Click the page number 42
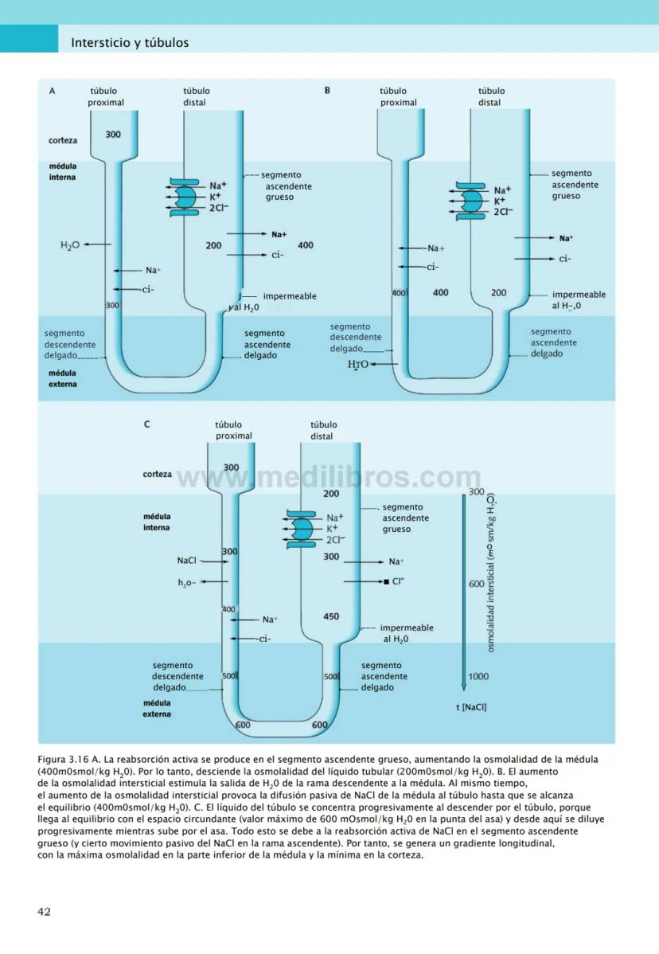[x=45, y=911]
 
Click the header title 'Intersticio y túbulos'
[x=130, y=42]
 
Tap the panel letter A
[x=53, y=91]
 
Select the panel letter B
[x=327, y=91]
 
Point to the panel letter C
[x=146, y=424]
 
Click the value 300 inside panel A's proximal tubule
[x=113, y=135]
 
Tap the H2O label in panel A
[x=69, y=245]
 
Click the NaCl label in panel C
[x=186, y=561]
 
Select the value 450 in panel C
[x=331, y=616]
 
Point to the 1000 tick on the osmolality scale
[x=478, y=676]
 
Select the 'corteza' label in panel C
[x=157, y=474]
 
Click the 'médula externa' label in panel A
[x=63, y=378]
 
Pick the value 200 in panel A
[x=213, y=246]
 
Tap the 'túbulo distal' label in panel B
[x=489, y=96]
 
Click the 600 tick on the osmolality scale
[x=477, y=584]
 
